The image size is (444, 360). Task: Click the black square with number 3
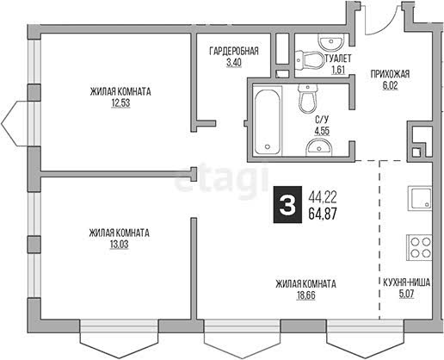(287, 204)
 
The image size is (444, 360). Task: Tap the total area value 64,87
(323, 214)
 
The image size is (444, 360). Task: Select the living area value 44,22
(323, 197)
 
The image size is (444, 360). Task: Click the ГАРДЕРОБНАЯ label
(234, 51)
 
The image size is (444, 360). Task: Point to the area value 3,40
(234, 63)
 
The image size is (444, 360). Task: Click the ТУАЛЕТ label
(338, 59)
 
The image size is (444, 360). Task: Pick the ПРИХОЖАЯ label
(390, 74)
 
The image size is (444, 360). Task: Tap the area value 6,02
(390, 85)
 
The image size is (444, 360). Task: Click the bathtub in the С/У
(267, 122)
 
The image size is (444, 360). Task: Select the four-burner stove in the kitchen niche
(419, 248)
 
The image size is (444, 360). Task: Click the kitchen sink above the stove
(420, 198)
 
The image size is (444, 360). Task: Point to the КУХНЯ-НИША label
(407, 282)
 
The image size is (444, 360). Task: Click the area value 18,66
(306, 295)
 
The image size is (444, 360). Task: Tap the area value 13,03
(120, 245)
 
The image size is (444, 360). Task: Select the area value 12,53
(120, 102)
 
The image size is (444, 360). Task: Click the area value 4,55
(322, 131)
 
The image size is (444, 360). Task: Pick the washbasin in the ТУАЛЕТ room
(330, 42)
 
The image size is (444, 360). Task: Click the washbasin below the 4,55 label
(319, 147)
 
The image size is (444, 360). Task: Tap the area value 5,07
(407, 295)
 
